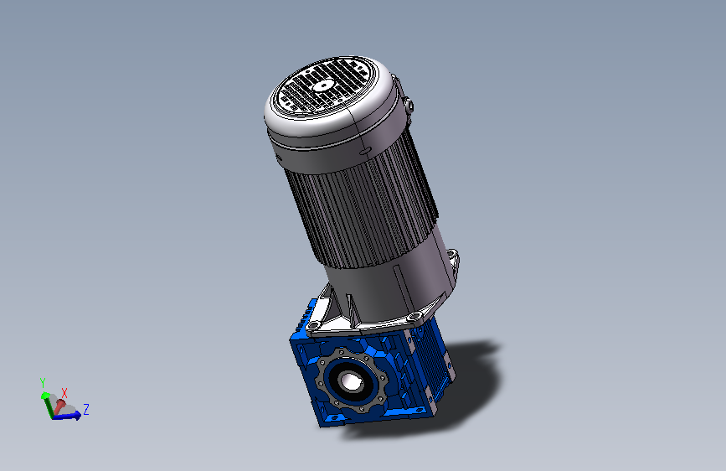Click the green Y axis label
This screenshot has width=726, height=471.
click(x=43, y=383)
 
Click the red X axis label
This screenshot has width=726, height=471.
click(x=64, y=393)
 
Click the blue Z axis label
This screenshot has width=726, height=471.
click(x=86, y=409)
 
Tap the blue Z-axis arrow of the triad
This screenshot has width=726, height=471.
click(x=67, y=416)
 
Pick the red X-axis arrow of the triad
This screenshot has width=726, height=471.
click(x=59, y=406)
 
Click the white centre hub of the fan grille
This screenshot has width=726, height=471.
click(x=322, y=85)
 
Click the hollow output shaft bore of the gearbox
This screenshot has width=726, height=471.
click(x=350, y=381)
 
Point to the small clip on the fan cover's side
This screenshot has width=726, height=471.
click(x=409, y=106)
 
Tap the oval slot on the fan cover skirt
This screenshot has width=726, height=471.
click(x=365, y=151)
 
